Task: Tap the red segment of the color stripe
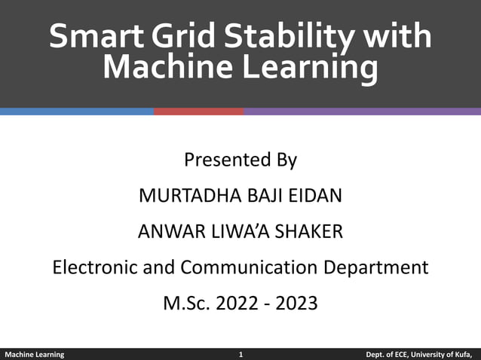pyautogui.click(x=198, y=111)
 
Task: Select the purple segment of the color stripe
pyautogui.click(x=362, y=111)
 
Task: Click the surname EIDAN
pyautogui.click(x=316, y=196)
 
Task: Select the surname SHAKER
pyautogui.click(x=311, y=232)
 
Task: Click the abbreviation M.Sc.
pyautogui.click(x=186, y=304)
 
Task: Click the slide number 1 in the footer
pyautogui.click(x=240, y=354)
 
